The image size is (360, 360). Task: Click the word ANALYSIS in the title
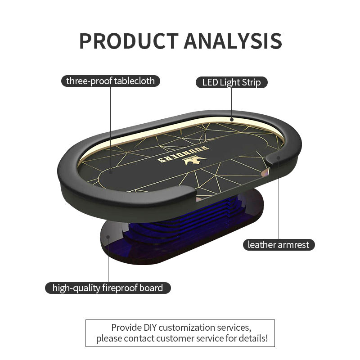click(x=233, y=41)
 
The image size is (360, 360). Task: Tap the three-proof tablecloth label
click(x=110, y=81)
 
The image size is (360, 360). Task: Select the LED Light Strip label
click(x=231, y=82)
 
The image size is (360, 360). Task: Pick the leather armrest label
click(x=279, y=245)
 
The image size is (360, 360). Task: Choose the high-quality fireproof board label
click(x=108, y=288)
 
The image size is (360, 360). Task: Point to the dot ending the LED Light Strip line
click(x=231, y=120)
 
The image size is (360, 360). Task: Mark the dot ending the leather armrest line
click(x=279, y=158)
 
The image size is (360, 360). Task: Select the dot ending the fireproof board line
click(x=108, y=235)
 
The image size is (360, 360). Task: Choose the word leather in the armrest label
click(x=261, y=245)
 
